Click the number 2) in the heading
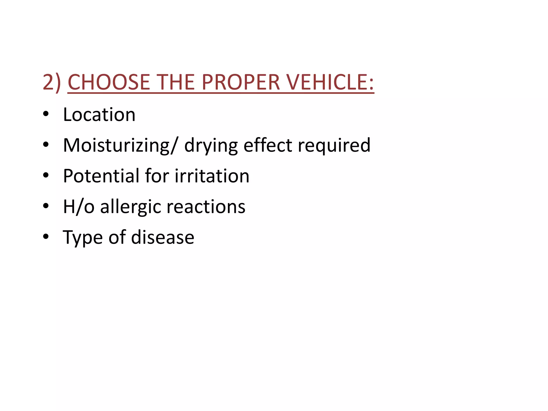(52, 82)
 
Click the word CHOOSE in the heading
(109, 82)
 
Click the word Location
(99, 115)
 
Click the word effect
(268, 145)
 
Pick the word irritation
(212, 176)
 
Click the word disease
(163, 237)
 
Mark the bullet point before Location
(46, 114)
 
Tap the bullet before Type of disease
(46, 237)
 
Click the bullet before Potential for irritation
(46, 175)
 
